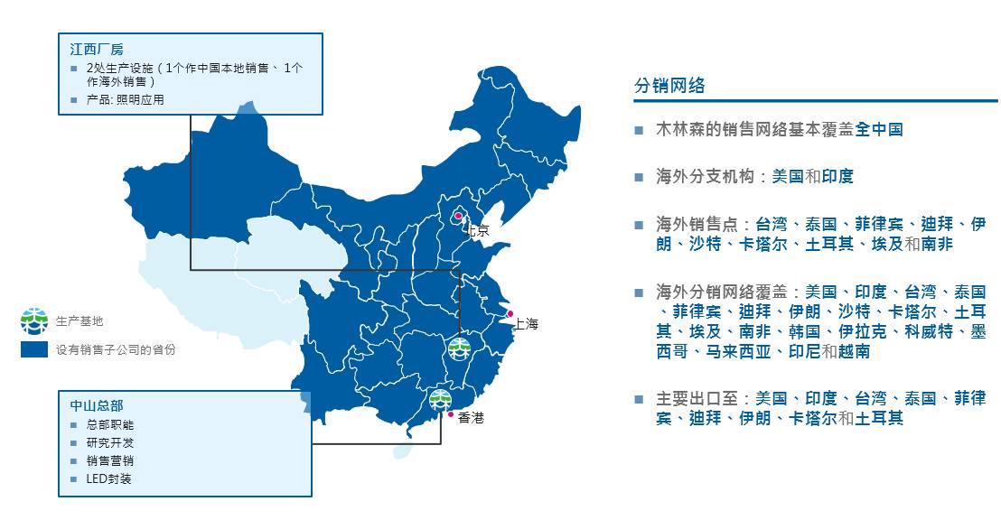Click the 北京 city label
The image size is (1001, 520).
pos(476,231)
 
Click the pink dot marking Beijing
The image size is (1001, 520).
pos(458,215)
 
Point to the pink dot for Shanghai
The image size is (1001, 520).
pos(510,314)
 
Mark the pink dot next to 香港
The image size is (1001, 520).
pos(451,414)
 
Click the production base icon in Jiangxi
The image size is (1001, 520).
pos(460,349)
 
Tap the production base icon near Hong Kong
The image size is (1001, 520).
pos(441,399)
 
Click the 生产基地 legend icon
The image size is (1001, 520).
pos(33,320)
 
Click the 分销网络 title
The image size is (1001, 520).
pos(669,87)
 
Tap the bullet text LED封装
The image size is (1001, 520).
pos(109,478)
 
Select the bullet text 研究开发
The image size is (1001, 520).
pos(110,442)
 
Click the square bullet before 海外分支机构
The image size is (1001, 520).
pos(640,177)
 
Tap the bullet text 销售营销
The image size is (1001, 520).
pos(110,460)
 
